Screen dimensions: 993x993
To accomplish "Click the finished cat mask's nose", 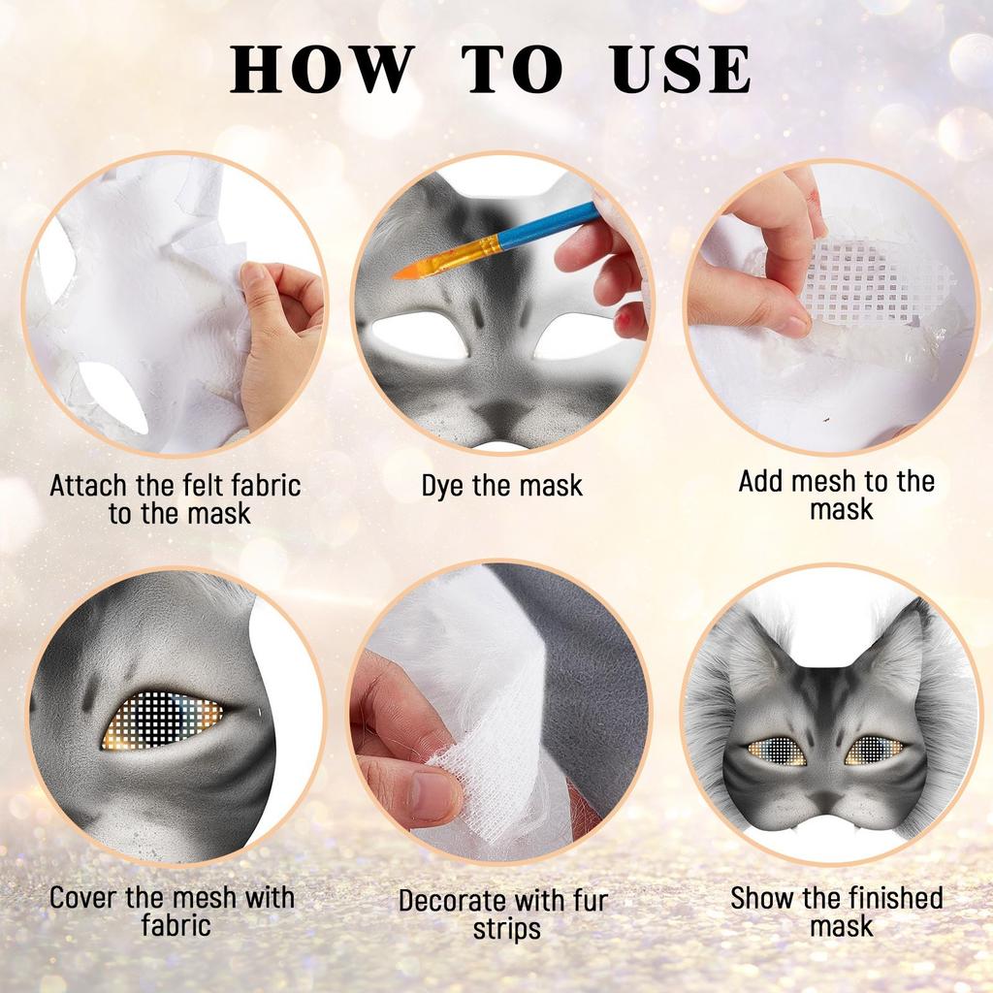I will (x=826, y=797).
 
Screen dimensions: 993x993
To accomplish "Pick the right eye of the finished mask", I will (x=875, y=750).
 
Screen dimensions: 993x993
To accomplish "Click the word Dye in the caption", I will (x=444, y=485).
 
